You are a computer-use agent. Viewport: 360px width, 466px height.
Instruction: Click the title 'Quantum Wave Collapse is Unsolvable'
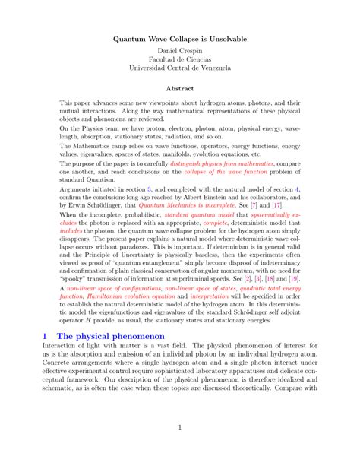click(x=180, y=39)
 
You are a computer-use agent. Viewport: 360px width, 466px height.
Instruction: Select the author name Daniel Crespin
click(x=180, y=54)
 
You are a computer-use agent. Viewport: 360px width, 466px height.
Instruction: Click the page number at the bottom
click(x=180, y=427)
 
